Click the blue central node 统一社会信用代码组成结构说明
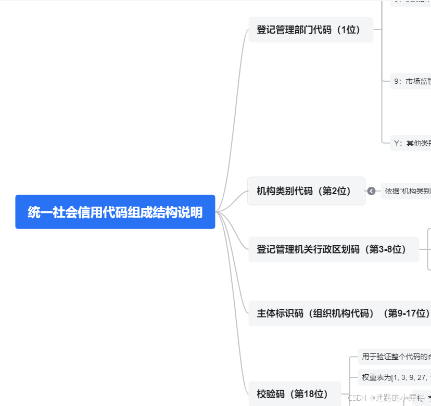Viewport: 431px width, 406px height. [x=115, y=212]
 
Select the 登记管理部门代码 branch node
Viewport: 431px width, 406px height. [x=311, y=30]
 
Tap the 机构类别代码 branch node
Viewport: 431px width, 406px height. [x=306, y=191]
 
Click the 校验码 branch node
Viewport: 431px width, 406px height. [x=295, y=393]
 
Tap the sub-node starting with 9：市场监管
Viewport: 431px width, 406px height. [x=411, y=81]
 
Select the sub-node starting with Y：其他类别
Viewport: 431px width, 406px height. [x=411, y=143]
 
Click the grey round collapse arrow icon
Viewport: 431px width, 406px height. [x=371, y=191]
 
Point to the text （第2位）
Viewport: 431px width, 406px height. [x=336, y=191]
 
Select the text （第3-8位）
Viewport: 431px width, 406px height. [x=387, y=249]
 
